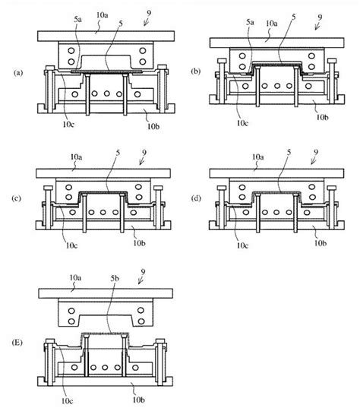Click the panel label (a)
coord(18,73)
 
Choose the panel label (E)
coord(18,344)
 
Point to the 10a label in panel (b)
coord(270,25)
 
